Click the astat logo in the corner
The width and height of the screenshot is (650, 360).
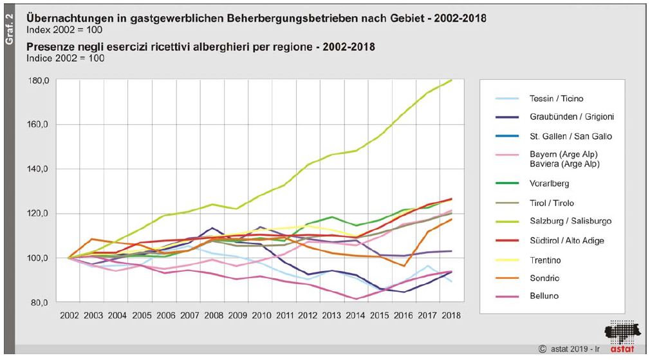[622, 335]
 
